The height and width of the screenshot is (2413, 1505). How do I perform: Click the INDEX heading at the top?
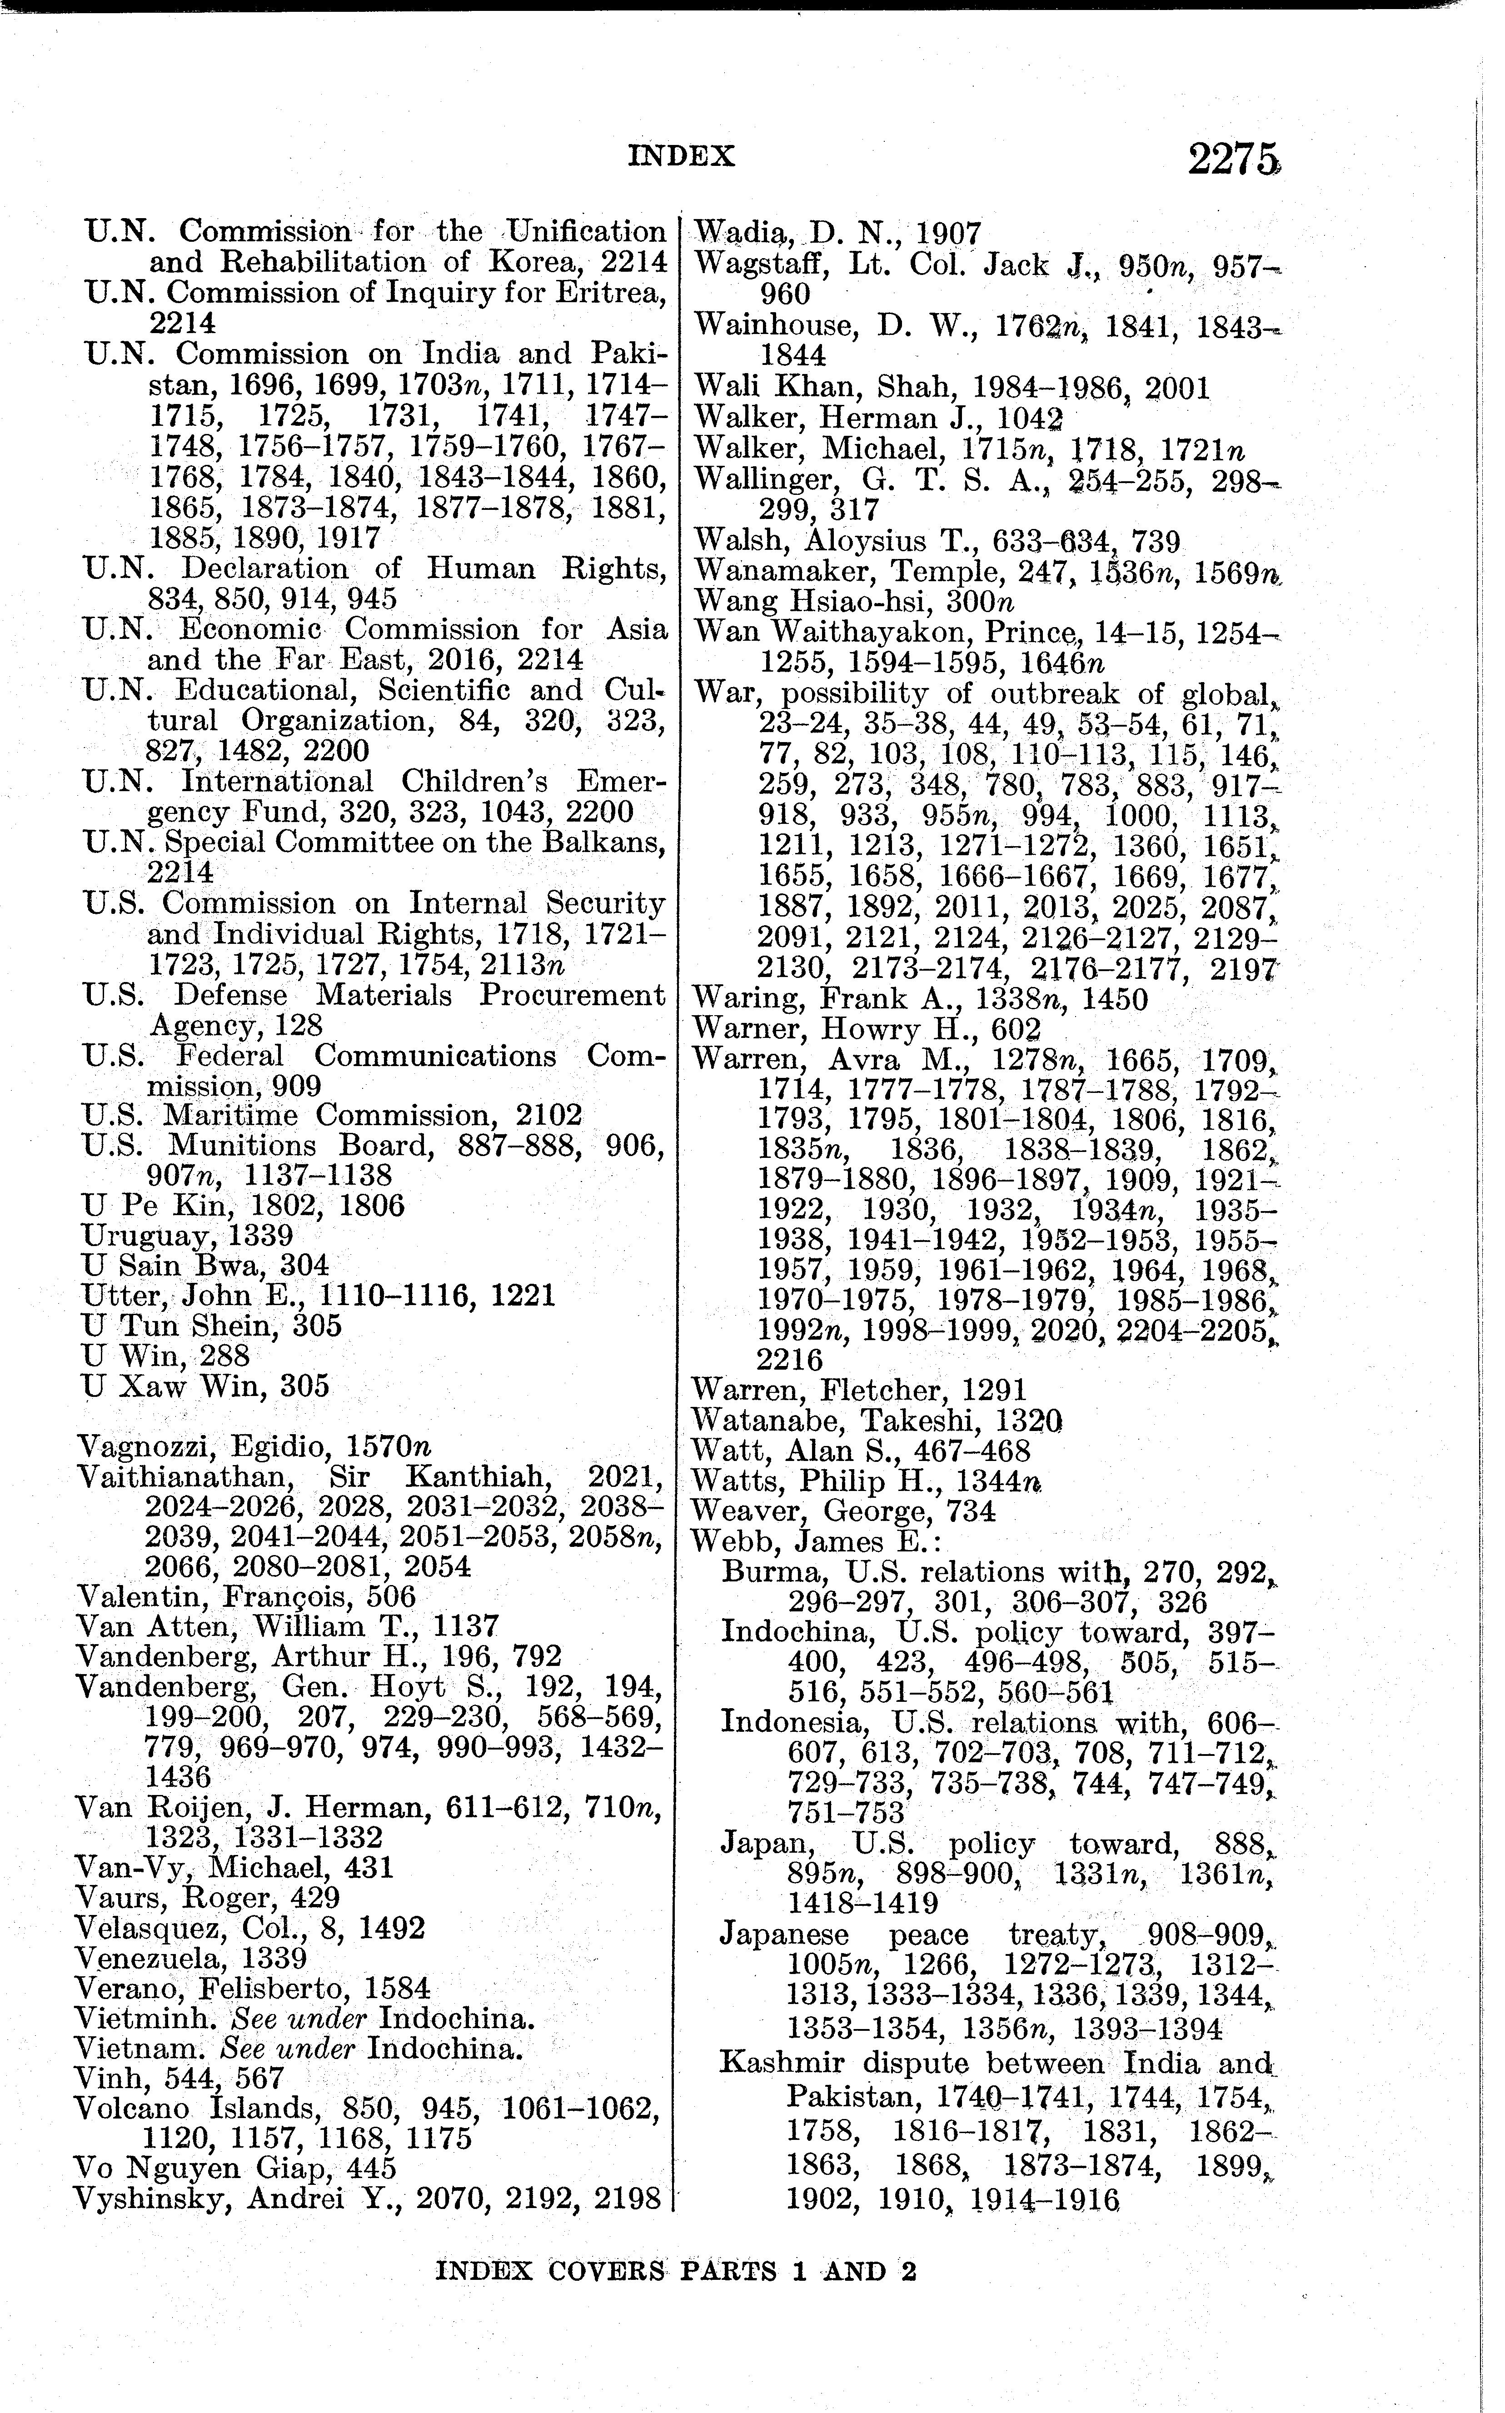coord(682,156)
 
